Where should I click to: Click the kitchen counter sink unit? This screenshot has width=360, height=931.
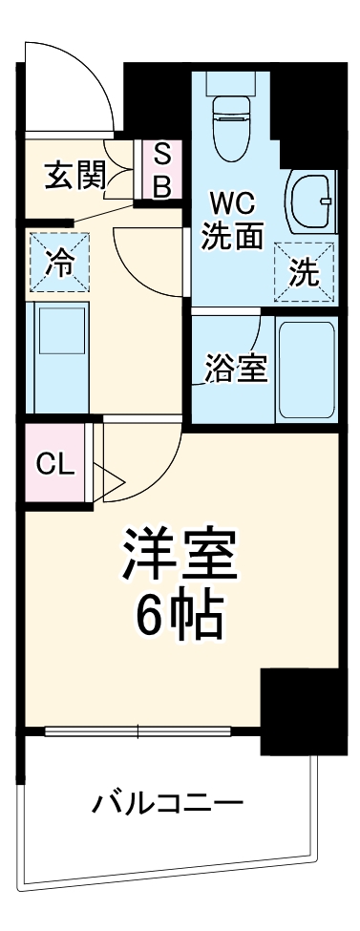58,352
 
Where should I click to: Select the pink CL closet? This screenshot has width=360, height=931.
53,464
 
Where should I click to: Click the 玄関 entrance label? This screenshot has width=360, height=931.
74,178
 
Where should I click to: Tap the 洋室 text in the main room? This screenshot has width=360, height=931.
179,553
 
